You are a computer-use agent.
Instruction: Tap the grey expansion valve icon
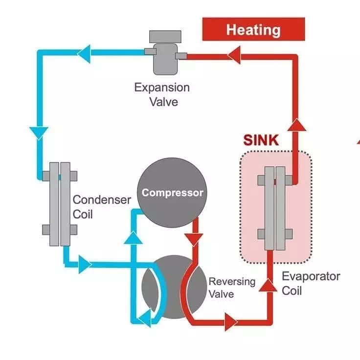162,52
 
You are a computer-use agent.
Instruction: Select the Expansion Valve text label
162,95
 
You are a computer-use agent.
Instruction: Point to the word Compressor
172,193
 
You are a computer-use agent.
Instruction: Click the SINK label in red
261,140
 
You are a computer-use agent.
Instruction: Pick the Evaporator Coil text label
311,283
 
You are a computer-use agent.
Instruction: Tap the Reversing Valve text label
232,288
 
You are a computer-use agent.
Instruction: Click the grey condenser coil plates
59,202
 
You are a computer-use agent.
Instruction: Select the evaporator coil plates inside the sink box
275,207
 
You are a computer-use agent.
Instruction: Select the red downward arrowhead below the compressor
195,240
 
